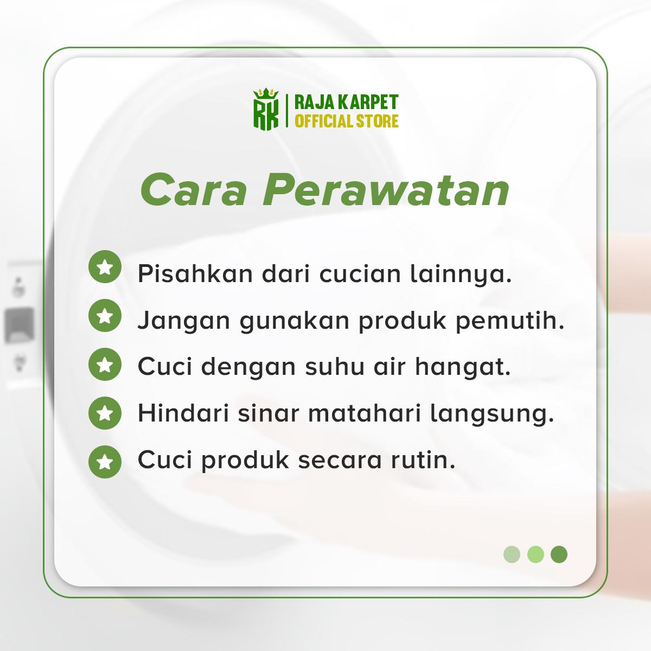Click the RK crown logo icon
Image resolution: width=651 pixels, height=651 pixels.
point(266,109)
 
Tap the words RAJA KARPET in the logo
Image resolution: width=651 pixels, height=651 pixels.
point(347,103)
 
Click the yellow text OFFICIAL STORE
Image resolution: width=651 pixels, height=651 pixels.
point(347,121)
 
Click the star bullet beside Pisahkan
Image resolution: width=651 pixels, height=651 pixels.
point(105,266)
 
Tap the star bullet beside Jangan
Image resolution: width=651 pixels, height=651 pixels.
point(105,315)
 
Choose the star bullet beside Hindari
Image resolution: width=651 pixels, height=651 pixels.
point(105,413)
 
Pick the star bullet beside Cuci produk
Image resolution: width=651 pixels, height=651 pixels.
point(105,462)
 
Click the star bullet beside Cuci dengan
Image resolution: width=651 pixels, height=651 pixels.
point(105,364)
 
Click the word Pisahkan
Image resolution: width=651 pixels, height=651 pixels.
point(195,273)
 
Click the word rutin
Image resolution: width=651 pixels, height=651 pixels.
point(423,460)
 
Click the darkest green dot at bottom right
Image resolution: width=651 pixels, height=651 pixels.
point(559,554)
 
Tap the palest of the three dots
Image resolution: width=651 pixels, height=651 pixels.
point(512,554)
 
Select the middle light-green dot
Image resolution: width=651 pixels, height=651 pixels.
point(535,554)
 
